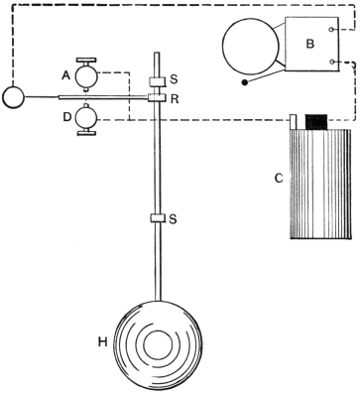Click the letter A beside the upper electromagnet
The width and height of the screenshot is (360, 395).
click(x=66, y=76)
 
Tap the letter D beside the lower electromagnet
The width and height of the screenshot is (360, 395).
click(x=67, y=117)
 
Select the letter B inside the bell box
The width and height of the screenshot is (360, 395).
click(x=310, y=44)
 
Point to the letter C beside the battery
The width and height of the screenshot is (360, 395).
click(x=279, y=179)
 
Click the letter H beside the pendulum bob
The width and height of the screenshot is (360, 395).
click(x=103, y=342)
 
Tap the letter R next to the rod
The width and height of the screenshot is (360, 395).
click(x=175, y=99)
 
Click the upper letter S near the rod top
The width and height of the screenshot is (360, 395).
click(x=174, y=79)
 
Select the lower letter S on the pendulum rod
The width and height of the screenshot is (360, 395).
click(x=173, y=219)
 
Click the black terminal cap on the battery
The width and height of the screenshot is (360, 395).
click(x=316, y=122)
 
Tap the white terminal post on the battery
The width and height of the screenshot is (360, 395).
click(x=294, y=122)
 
